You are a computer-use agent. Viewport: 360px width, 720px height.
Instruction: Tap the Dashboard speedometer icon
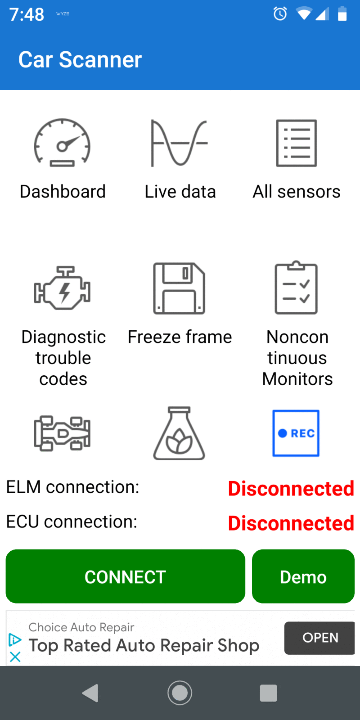coord(63,143)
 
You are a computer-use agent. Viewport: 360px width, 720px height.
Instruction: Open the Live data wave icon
coord(179,143)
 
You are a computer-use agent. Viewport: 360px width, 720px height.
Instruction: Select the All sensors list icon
coord(297,143)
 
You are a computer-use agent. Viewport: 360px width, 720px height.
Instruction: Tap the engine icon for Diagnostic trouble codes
coord(63,288)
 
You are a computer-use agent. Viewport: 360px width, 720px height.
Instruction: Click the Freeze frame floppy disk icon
coord(179,288)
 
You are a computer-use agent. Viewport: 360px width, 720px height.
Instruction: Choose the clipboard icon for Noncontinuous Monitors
coord(296,288)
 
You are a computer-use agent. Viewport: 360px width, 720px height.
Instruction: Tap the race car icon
coord(63,433)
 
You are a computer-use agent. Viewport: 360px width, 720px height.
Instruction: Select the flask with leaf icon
coord(179,433)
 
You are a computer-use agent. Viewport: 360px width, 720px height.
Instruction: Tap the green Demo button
coord(303,576)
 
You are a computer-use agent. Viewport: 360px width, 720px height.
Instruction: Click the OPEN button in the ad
coord(320,638)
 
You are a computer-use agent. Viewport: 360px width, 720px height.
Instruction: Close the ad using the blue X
coord(15,657)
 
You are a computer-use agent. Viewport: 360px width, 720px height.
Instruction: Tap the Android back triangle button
coord(90,693)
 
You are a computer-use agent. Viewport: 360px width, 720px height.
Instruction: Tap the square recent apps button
coord(269,693)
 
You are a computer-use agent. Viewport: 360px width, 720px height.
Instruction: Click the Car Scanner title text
coord(80,60)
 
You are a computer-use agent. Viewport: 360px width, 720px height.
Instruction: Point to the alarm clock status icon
coord(280,14)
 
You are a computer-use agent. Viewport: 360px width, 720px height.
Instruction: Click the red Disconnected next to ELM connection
coord(291,489)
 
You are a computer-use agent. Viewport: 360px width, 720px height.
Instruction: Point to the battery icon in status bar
coord(342,14)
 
